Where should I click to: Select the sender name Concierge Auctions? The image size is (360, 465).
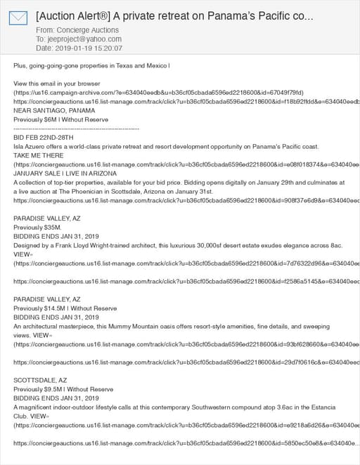point(89,30)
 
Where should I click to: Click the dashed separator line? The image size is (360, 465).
point(76,129)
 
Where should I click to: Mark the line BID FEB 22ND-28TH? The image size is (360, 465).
point(43,138)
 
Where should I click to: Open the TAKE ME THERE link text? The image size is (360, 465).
point(37,157)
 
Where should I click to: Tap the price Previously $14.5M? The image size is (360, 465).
point(40,308)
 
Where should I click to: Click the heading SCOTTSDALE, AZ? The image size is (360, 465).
point(40,380)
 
